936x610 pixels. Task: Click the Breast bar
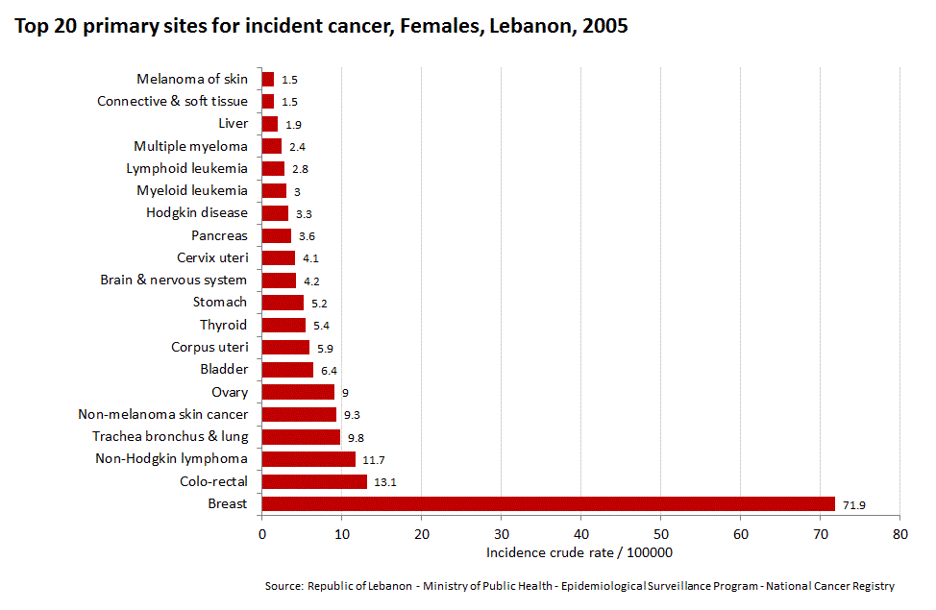pos(548,503)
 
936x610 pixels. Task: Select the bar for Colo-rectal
pos(314,481)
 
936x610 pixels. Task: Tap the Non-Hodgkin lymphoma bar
pos(308,459)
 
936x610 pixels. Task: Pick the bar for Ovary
pos(298,392)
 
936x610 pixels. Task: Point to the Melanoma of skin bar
pos(268,80)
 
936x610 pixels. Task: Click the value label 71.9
pos(853,504)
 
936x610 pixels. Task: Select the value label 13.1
pos(384,482)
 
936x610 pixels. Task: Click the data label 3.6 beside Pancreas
pos(308,236)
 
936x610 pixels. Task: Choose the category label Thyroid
pos(223,325)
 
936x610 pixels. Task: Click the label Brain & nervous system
pos(173,281)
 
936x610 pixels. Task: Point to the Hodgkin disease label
pos(196,213)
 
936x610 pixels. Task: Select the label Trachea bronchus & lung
pos(170,436)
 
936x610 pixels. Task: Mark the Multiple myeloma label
pos(190,146)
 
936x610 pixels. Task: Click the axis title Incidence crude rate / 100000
pos(579,552)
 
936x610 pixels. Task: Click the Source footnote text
pos(579,585)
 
